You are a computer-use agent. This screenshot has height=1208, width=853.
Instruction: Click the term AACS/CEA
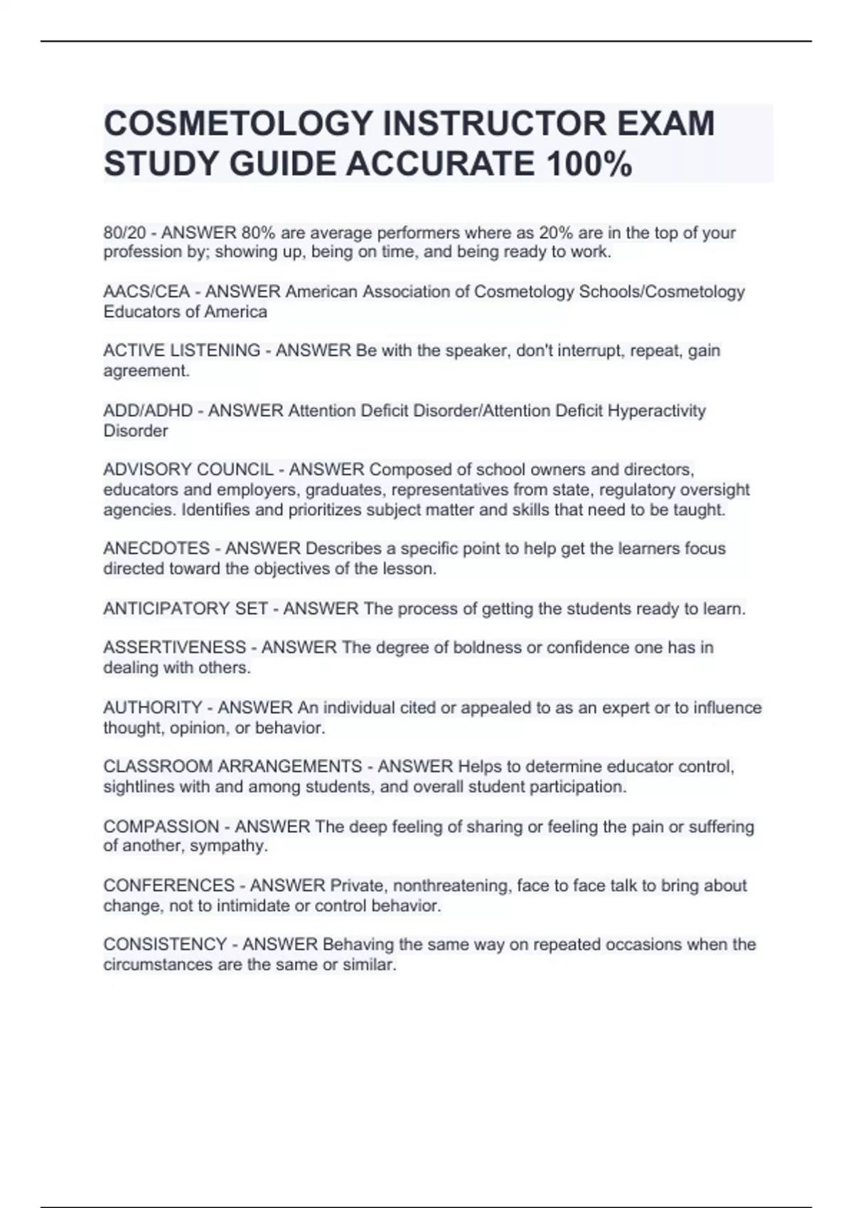click(146, 292)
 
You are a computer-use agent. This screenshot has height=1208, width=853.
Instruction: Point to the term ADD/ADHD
click(148, 411)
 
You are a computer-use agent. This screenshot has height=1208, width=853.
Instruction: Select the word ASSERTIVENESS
click(174, 647)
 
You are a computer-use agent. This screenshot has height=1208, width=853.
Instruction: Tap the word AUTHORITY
click(153, 708)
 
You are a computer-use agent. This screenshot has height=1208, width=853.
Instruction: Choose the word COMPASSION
click(161, 826)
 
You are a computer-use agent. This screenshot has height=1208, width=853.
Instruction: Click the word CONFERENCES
click(168, 885)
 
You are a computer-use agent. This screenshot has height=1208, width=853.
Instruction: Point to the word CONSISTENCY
click(165, 944)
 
